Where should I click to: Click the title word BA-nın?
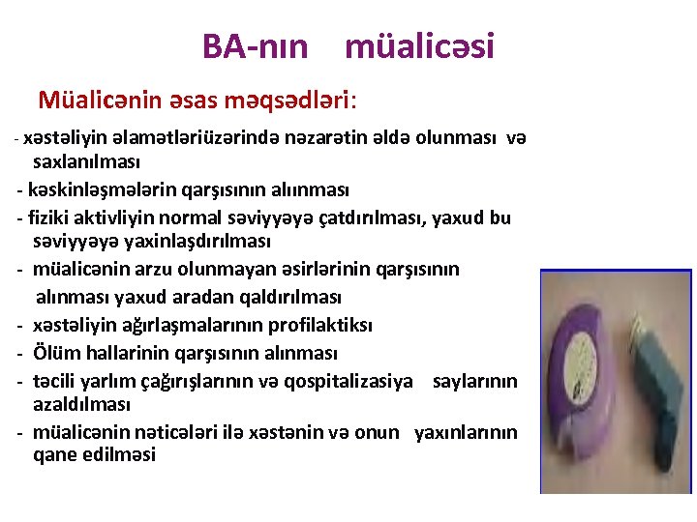[x=255, y=45]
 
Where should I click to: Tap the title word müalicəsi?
[x=419, y=45]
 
